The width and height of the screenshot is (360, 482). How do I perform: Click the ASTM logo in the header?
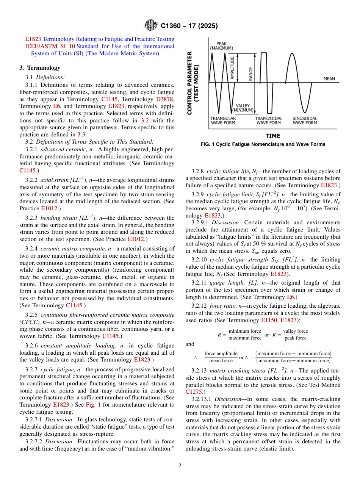pyautogui.click(x=151, y=26)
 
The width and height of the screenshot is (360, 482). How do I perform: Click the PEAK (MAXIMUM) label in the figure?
pyautogui.click(x=222, y=45)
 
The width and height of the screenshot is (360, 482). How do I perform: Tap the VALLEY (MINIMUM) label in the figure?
pyautogui.click(x=243, y=108)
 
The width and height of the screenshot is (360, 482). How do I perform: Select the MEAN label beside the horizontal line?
pyautogui.click(x=329, y=79)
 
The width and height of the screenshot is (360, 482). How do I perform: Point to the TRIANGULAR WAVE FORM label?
pyautogui.click(x=223, y=121)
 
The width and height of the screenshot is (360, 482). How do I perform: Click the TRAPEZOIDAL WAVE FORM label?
pyautogui.click(x=268, y=121)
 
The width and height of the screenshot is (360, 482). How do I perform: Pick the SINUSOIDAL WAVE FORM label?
pyautogui.click(x=305, y=121)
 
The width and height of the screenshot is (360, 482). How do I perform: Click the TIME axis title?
pyautogui.click(x=273, y=136)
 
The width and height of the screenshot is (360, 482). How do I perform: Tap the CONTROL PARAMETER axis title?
pyautogui.click(x=193, y=83)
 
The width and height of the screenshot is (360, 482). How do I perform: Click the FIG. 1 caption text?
pyautogui.click(x=263, y=144)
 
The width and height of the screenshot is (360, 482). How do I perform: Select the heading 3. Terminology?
pyautogui.click(x=40, y=68)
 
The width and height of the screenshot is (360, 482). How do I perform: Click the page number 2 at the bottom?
pyautogui.click(x=180, y=466)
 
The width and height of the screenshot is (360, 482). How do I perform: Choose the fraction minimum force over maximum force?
pyautogui.click(x=245, y=335)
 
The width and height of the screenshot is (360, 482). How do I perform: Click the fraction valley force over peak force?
pyautogui.click(x=295, y=335)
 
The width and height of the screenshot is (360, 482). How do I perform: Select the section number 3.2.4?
pyautogui.click(x=31, y=249)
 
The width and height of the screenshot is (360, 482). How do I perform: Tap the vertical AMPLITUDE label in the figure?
pyautogui.click(x=232, y=68)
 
